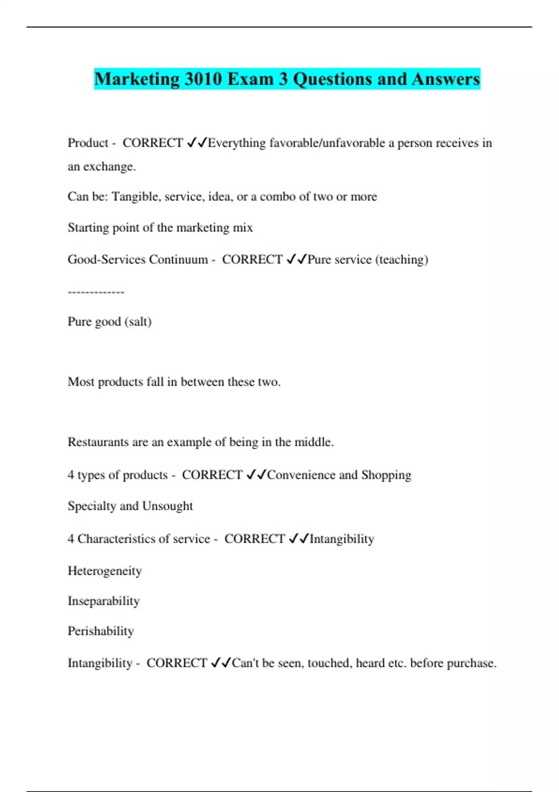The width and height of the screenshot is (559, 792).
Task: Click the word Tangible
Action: [135, 197]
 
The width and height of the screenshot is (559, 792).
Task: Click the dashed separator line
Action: [96, 292]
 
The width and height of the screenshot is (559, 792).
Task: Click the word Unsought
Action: [168, 506]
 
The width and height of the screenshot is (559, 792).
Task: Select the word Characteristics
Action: [116, 539]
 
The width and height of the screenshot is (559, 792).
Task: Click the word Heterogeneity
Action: [105, 571]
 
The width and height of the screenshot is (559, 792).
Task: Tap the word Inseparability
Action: [103, 601]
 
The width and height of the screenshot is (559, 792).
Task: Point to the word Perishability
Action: [101, 631]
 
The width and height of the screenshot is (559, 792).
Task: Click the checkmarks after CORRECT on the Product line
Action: [197, 143]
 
